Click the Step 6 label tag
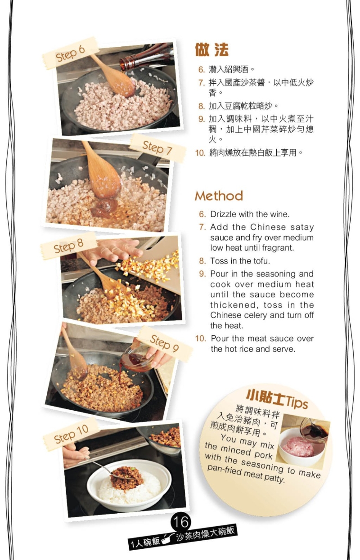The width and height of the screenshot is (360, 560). (x=70, y=53)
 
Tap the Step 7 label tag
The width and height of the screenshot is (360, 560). (x=157, y=147)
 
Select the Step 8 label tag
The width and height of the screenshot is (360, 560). (x=68, y=246)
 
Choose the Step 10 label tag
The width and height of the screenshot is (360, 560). (x=71, y=433)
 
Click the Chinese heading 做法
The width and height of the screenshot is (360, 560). (x=211, y=49)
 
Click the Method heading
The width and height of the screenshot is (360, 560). (x=219, y=196)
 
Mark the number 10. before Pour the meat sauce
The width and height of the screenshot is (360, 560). (x=201, y=338)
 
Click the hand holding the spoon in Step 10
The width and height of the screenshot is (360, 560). (x=75, y=455)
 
